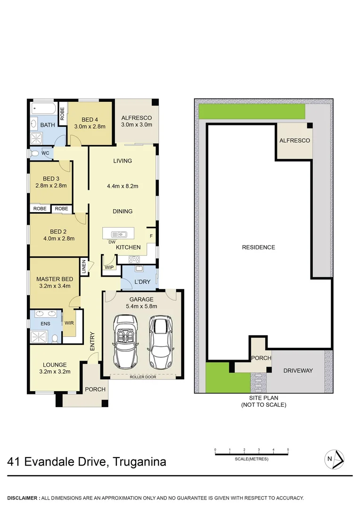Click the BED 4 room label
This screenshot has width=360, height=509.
coord(89,119)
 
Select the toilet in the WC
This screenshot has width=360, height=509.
coord(34,153)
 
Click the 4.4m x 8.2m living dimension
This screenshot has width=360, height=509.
coord(123,186)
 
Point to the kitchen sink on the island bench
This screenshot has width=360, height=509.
coord(118,234)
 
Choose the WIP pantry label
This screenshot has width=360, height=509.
coord(109,267)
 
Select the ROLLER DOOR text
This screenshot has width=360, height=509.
coord(143,377)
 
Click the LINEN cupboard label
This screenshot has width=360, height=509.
coord(84,267)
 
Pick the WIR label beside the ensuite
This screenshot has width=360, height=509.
coord(69,323)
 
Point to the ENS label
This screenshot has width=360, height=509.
coord(45,324)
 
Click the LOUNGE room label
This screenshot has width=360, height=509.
coord(55,364)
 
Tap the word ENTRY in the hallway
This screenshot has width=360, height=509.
coord(92,341)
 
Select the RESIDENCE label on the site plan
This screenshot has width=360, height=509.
coord(258,247)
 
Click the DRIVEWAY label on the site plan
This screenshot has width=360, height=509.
coord(298,370)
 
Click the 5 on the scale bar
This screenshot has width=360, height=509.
coord(287,450)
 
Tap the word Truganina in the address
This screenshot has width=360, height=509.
coord(139,461)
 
